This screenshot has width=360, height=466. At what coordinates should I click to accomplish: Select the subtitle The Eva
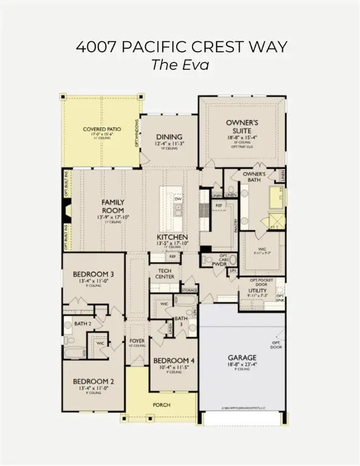[180, 64]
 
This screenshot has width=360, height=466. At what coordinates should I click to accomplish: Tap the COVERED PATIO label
[100, 129]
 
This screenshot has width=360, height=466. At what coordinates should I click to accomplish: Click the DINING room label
[169, 137]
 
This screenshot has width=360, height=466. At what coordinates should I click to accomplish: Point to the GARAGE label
[242, 357]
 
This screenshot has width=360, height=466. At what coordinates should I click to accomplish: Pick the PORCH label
[161, 405]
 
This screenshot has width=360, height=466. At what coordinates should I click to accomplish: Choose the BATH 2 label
[82, 324]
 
